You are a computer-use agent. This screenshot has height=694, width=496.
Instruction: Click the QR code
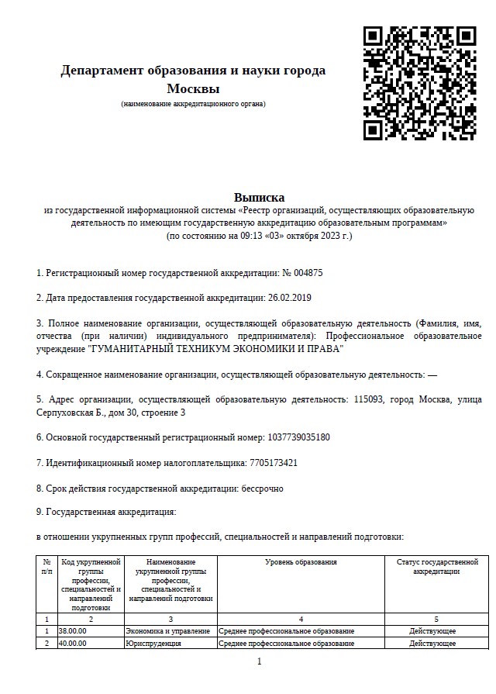(x=419, y=83)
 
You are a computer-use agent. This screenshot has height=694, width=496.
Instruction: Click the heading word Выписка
(x=259, y=198)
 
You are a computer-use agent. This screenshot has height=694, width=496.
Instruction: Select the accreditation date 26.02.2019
(x=289, y=297)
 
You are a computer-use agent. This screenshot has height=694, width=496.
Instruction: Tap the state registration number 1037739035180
(x=298, y=437)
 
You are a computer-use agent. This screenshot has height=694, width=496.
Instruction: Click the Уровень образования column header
(x=301, y=561)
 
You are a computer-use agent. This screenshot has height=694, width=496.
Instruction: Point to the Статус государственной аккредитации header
(x=437, y=566)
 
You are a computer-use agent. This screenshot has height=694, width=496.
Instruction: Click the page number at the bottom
(x=259, y=661)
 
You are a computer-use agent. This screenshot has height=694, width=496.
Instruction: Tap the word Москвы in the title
(x=193, y=88)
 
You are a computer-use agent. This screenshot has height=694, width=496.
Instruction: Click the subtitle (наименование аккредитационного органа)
(x=193, y=104)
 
